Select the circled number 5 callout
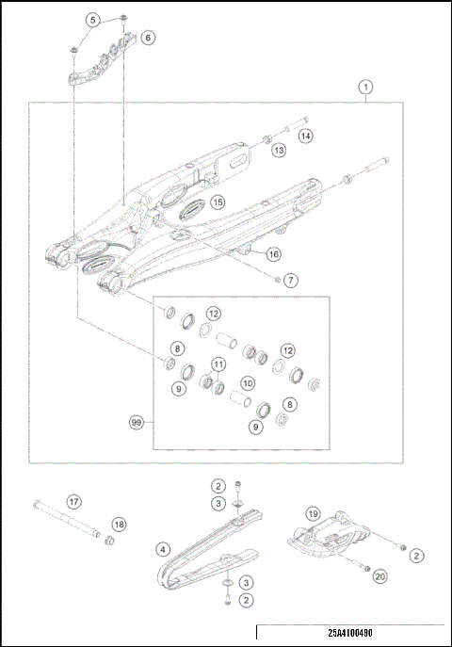coord(92,20)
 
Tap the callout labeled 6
coord(149,38)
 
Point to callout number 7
coord(290,281)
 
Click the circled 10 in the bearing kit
coord(247,383)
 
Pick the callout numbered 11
coord(218,364)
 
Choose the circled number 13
coord(279,150)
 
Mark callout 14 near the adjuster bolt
coord(306,137)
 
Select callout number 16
coord(273,254)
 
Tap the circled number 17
coord(72,501)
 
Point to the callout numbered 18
coord(119,524)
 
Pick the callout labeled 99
coord(137,423)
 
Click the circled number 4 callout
coord(164,549)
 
